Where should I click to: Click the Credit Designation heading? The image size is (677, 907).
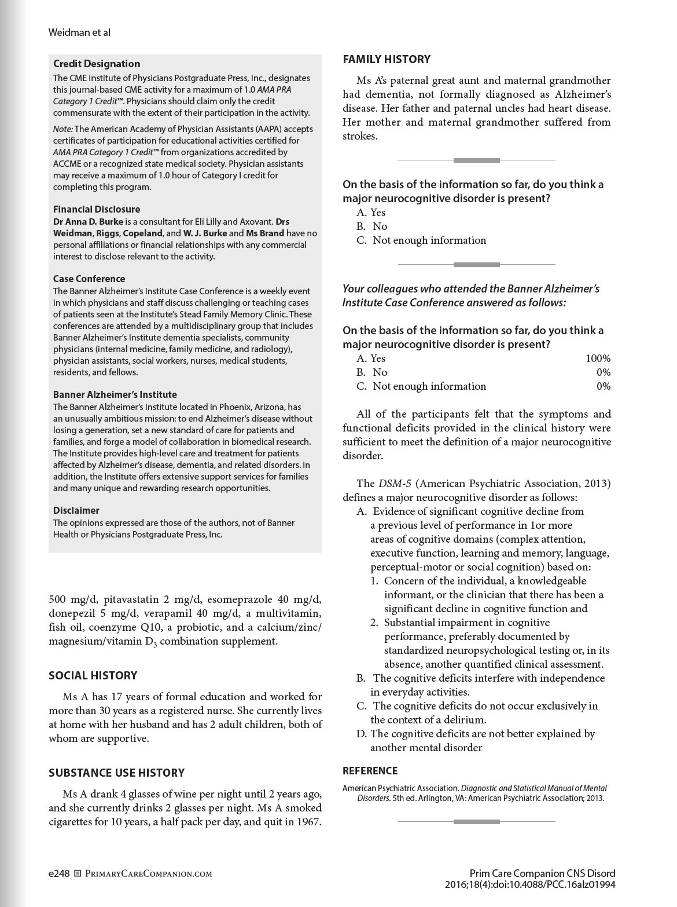pyautogui.click(x=97, y=64)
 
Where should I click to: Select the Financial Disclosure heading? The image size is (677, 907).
pyautogui.click(x=97, y=209)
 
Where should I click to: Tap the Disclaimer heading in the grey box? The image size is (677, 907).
pyautogui.click(x=76, y=510)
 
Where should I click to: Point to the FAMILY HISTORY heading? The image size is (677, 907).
pyautogui.click(x=387, y=59)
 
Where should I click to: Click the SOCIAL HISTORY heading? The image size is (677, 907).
pyautogui.click(x=93, y=675)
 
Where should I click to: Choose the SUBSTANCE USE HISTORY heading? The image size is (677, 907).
pyautogui.click(x=117, y=773)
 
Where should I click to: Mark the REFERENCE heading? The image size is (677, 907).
pyautogui.click(x=370, y=771)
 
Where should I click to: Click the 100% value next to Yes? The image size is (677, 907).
pyautogui.click(x=598, y=359)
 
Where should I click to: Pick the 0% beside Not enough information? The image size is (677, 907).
pyautogui.click(x=604, y=386)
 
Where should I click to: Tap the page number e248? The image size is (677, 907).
pyautogui.click(x=59, y=873)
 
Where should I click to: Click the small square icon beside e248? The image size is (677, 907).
pyautogui.click(x=78, y=873)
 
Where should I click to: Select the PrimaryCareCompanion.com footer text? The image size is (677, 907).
pyautogui.click(x=149, y=873)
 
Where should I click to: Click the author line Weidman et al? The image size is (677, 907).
pyautogui.click(x=79, y=32)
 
